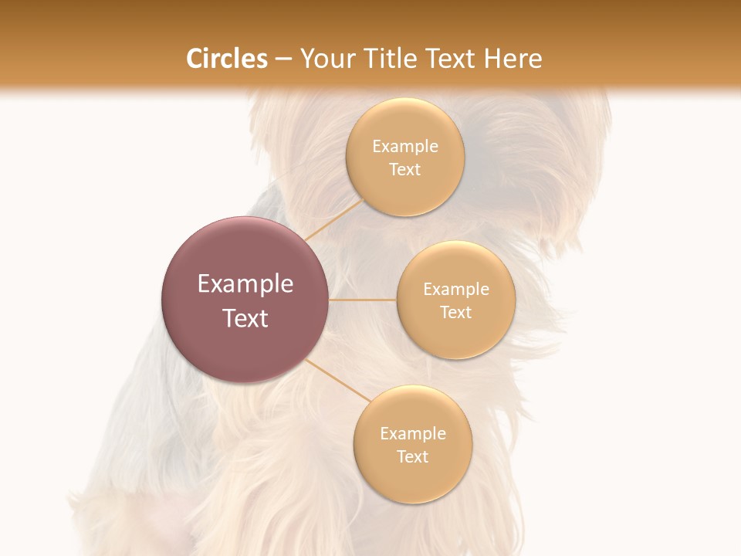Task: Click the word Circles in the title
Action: coord(227,59)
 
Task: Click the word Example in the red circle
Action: coord(245,284)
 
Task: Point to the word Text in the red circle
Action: coord(245,318)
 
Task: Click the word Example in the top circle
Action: coord(405,147)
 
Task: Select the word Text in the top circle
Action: coord(405,170)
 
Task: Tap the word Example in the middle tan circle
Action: coord(456,290)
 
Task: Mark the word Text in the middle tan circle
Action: coord(456,313)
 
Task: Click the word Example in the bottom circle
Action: coord(412,434)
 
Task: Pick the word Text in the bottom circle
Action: coord(412,457)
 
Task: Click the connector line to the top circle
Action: coord(333,219)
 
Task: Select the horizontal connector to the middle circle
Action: coord(363,300)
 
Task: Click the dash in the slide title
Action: coord(283,59)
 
